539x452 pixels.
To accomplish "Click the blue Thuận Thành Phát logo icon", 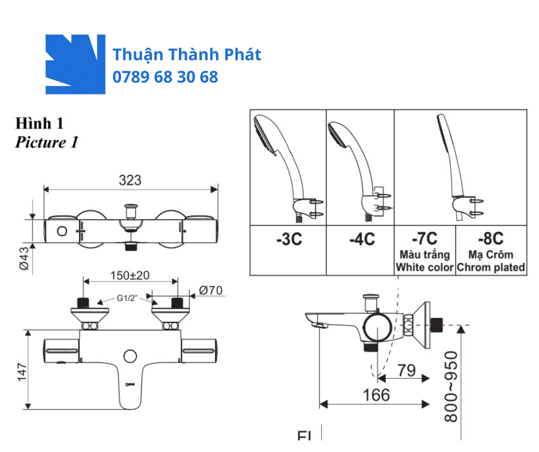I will point(75,64).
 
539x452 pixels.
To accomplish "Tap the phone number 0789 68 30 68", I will point(165,77).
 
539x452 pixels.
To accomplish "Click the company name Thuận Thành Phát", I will point(187,54).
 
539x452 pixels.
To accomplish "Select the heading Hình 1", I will point(40,123).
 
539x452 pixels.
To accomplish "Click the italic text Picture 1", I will point(46,142).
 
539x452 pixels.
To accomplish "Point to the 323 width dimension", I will point(130,180).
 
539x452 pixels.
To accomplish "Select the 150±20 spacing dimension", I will point(130,275).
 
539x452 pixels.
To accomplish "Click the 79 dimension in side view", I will point(406,371).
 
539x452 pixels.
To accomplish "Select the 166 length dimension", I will point(376,395).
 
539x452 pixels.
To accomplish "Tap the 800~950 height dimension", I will point(452,387).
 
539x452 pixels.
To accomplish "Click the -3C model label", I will point(288,239).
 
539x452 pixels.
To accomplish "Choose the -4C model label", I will point(361,239).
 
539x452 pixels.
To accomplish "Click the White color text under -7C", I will point(425,267).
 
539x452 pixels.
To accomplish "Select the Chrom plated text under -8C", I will point(491,267).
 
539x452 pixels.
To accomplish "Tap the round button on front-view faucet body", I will point(130,356).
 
